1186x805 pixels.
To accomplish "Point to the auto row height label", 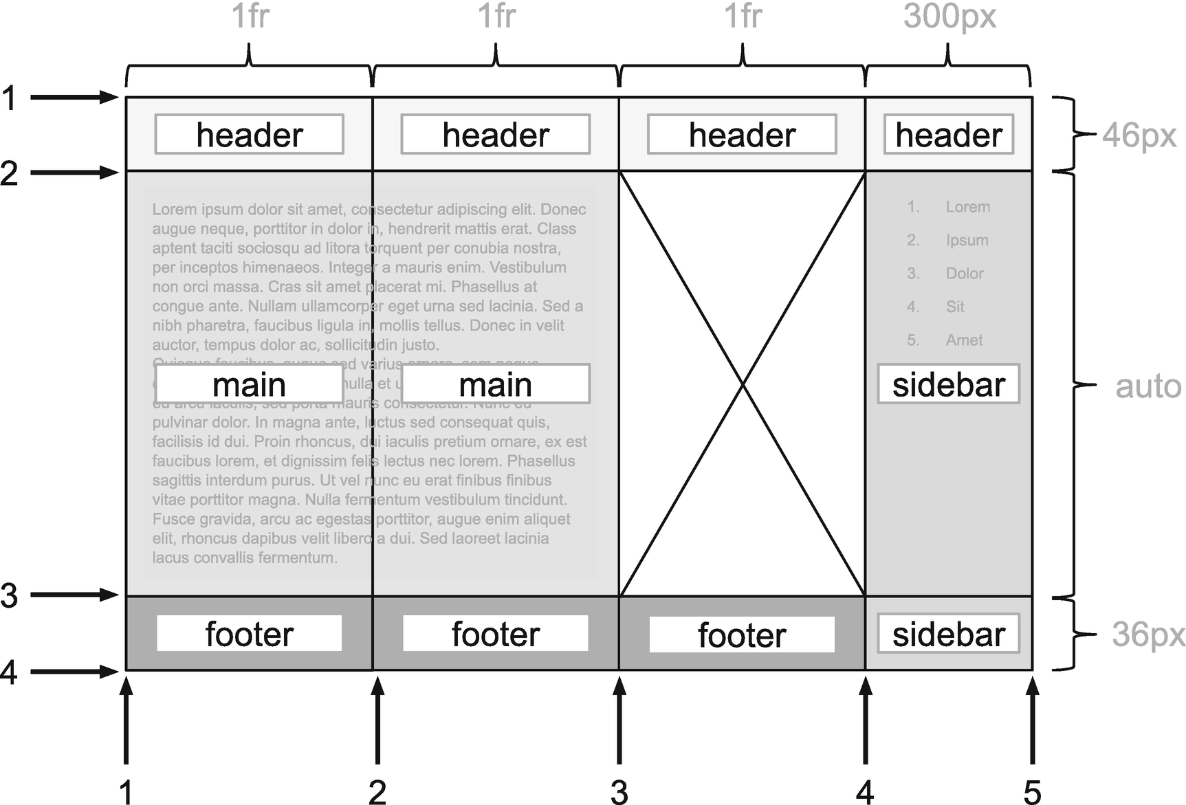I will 1147,386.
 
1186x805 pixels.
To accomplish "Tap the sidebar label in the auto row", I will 948,384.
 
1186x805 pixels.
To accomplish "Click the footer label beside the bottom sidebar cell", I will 742,635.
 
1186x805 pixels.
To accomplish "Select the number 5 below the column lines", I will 1032,792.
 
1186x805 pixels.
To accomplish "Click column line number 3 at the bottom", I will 619,792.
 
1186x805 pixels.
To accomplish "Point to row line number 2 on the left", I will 9,173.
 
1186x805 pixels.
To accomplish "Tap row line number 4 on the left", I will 9,672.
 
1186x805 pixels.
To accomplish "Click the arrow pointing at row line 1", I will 74,98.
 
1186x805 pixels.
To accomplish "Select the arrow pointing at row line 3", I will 74,595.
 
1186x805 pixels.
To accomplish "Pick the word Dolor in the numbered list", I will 965,274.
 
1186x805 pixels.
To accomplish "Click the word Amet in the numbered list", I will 964,340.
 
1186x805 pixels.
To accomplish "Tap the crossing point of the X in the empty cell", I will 743,384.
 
